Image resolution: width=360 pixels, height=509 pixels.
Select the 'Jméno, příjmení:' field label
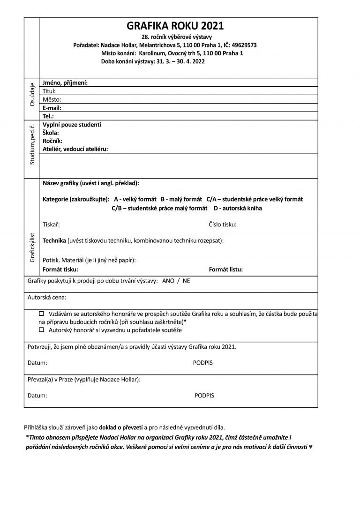click(x=65, y=83)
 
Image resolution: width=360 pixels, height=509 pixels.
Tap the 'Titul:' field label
click(x=49, y=91)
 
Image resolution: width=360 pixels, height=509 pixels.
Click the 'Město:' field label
click(x=52, y=99)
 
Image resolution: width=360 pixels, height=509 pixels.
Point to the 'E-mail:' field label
click(x=52, y=107)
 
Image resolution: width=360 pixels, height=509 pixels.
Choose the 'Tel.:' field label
click(x=48, y=115)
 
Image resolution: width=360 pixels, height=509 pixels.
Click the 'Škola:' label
click(x=51, y=133)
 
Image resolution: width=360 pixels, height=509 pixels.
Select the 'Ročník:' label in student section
click(x=52, y=141)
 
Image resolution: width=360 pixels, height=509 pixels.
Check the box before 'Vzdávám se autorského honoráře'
click(x=41, y=313)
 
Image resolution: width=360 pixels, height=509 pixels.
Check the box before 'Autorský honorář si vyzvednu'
click(x=41, y=330)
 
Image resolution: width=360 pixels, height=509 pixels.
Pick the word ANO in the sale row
click(x=168, y=281)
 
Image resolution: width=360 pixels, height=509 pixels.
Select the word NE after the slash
click(x=187, y=281)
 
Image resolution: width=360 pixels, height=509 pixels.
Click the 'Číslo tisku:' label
click(x=223, y=225)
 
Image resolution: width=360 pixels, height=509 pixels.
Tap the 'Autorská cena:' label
click(x=47, y=297)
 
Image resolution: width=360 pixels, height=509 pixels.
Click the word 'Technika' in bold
click(x=54, y=240)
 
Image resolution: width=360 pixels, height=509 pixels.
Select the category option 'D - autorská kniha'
click(x=238, y=208)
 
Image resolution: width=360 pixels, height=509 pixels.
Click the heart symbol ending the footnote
click(x=311, y=447)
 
